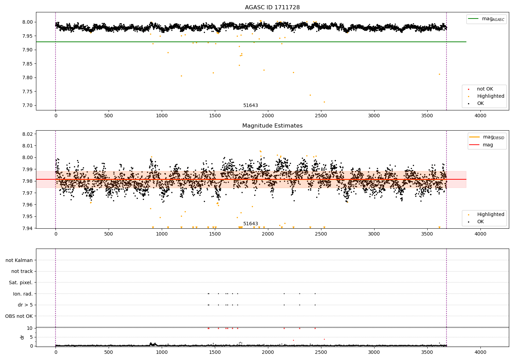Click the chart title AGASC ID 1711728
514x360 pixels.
[x=272, y=8]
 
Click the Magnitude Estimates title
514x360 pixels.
[x=272, y=126]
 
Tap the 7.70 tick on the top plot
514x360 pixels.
[x=27, y=105]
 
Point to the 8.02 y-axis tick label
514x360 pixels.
[x=27, y=134]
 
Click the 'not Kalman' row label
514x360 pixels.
[x=19, y=260]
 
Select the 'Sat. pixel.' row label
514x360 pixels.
[x=21, y=283]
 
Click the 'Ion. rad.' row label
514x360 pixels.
[x=23, y=294]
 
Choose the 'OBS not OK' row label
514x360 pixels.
[x=19, y=316]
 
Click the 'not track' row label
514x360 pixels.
[x=22, y=271]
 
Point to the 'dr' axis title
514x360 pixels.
[x=22, y=337]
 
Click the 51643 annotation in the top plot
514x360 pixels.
[x=250, y=105]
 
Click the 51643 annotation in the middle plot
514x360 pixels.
[x=250, y=224]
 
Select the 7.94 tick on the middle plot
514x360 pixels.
[x=27, y=228]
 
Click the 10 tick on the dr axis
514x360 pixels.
[x=30, y=328]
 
